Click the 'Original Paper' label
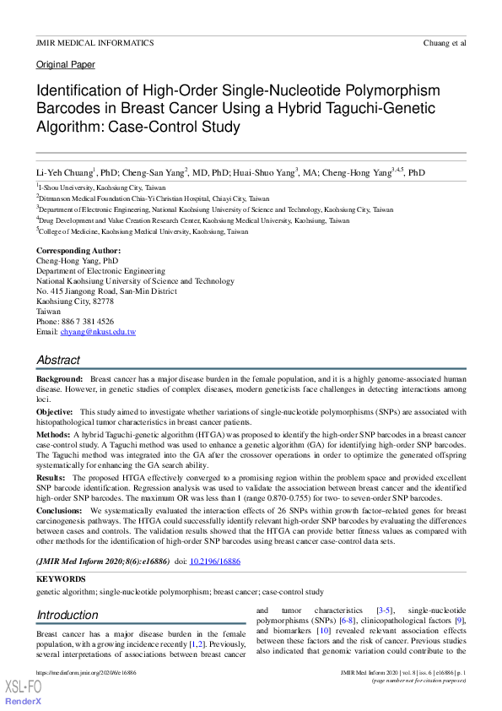pyautogui.click(x=65, y=64)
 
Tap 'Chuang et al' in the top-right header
pyautogui.click(x=445, y=41)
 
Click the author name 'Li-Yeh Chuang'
pyautogui.click(x=64, y=171)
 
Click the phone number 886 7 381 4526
pyautogui.click(x=89, y=322)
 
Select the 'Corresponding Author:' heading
pyautogui.click(x=78, y=251)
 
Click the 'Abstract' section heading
pyautogui.click(x=58, y=361)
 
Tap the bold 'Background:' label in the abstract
pyautogui.click(x=59, y=380)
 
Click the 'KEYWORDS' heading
pyautogui.click(x=61, y=579)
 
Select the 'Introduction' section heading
pyautogui.click(x=67, y=615)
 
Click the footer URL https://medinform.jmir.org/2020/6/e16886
pyautogui.click(x=87, y=672)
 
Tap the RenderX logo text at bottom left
pyautogui.click(x=24, y=703)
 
